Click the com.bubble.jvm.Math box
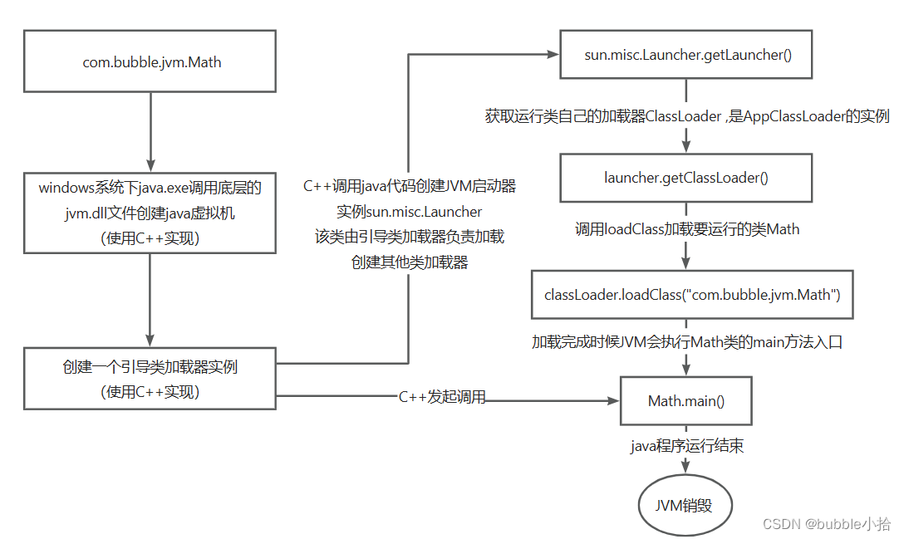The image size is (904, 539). point(150,61)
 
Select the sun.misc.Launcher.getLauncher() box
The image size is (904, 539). point(686,54)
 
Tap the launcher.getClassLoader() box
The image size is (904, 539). point(686,178)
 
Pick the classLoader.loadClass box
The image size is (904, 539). point(692,295)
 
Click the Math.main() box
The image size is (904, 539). point(686,400)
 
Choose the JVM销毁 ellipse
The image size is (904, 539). point(685,505)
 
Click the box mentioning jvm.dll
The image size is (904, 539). point(150,213)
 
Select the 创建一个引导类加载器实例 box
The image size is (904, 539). point(150,379)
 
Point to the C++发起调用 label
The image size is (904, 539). point(442,397)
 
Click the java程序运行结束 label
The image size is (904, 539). point(686,446)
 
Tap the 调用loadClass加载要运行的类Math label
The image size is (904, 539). point(687,229)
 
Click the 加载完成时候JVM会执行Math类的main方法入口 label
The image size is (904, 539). point(687,342)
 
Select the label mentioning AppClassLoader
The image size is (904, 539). point(687,116)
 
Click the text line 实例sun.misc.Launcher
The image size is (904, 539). point(410,212)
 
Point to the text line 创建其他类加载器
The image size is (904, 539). point(410,262)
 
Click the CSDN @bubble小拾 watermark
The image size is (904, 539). point(826,523)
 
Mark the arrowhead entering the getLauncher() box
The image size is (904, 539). point(553,54)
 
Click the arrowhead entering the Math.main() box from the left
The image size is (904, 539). point(613,400)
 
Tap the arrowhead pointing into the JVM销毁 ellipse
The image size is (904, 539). point(685,467)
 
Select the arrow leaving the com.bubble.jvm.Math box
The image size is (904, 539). point(150,132)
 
